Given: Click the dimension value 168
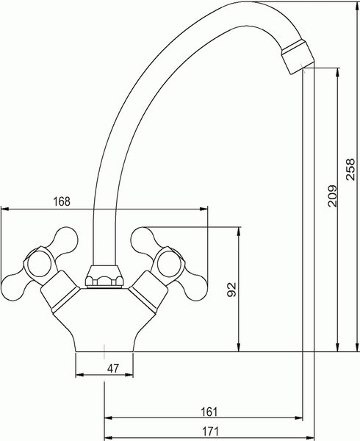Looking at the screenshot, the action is [x=62, y=201].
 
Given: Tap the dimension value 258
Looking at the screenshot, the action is [x=350, y=169].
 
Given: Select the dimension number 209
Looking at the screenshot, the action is [x=333, y=196].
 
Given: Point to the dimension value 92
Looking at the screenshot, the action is [x=232, y=290].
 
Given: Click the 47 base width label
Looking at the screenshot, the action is [x=113, y=368].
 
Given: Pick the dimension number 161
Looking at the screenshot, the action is [x=209, y=412].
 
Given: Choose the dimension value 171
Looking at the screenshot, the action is [x=210, y=431].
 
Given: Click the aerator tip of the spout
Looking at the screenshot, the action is [x=298, y=57].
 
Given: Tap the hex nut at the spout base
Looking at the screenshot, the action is [x=104, y=276].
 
